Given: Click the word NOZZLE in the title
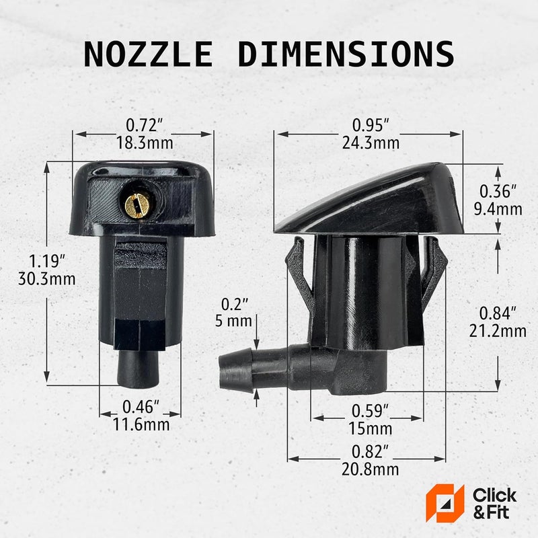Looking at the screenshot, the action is [149, 54].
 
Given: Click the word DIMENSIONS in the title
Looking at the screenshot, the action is [346, 54].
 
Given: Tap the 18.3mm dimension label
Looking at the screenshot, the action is [145, 143].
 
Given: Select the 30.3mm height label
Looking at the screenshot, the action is [47, 278].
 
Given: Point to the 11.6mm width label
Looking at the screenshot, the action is [141, 424].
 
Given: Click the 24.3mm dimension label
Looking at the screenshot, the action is [371, 143].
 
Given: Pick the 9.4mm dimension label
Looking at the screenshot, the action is [498, 209].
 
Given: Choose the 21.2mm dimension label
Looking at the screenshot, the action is [498, 331].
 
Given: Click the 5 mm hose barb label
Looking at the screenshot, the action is [233, 321].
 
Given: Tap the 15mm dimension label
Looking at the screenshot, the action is [371, 428].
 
